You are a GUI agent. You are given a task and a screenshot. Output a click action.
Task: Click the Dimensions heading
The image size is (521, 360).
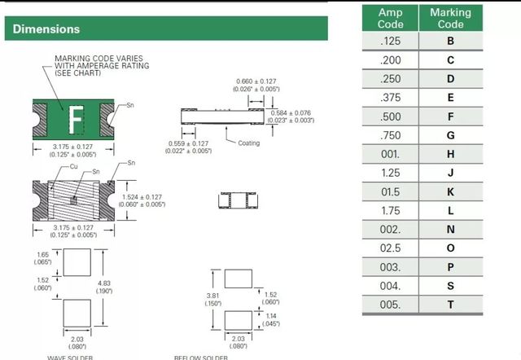click(x=46, y=29)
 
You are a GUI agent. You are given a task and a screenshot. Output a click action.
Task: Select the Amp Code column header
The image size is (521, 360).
click(x=390, y=18)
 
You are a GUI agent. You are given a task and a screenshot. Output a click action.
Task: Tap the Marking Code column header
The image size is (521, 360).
click(x=450, y=18)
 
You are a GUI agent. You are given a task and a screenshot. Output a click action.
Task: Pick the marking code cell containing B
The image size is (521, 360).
click(x=450, y=41)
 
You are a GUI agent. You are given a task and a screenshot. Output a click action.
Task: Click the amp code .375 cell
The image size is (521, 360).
click(x=390, y=98)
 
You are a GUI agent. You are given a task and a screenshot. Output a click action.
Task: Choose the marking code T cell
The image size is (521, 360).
click(x=450, y=305)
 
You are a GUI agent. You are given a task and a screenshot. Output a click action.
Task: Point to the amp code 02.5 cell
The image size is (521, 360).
click(x=390, y=248)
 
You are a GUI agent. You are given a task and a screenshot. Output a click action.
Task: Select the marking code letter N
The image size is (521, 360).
click(x=450, y=230)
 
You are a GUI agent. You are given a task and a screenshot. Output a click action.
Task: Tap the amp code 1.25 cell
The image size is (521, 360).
click(x=390, y=173)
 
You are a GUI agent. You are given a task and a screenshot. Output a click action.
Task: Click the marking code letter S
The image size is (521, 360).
click(x=450, y=286)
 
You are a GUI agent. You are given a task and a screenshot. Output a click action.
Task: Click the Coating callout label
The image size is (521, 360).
click(x=248, y=143)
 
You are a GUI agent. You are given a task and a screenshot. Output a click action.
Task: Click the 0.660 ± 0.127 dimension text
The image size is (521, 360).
click(x=256, y=81)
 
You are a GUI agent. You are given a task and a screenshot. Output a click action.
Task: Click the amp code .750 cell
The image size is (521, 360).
click(x=390, y=135)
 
